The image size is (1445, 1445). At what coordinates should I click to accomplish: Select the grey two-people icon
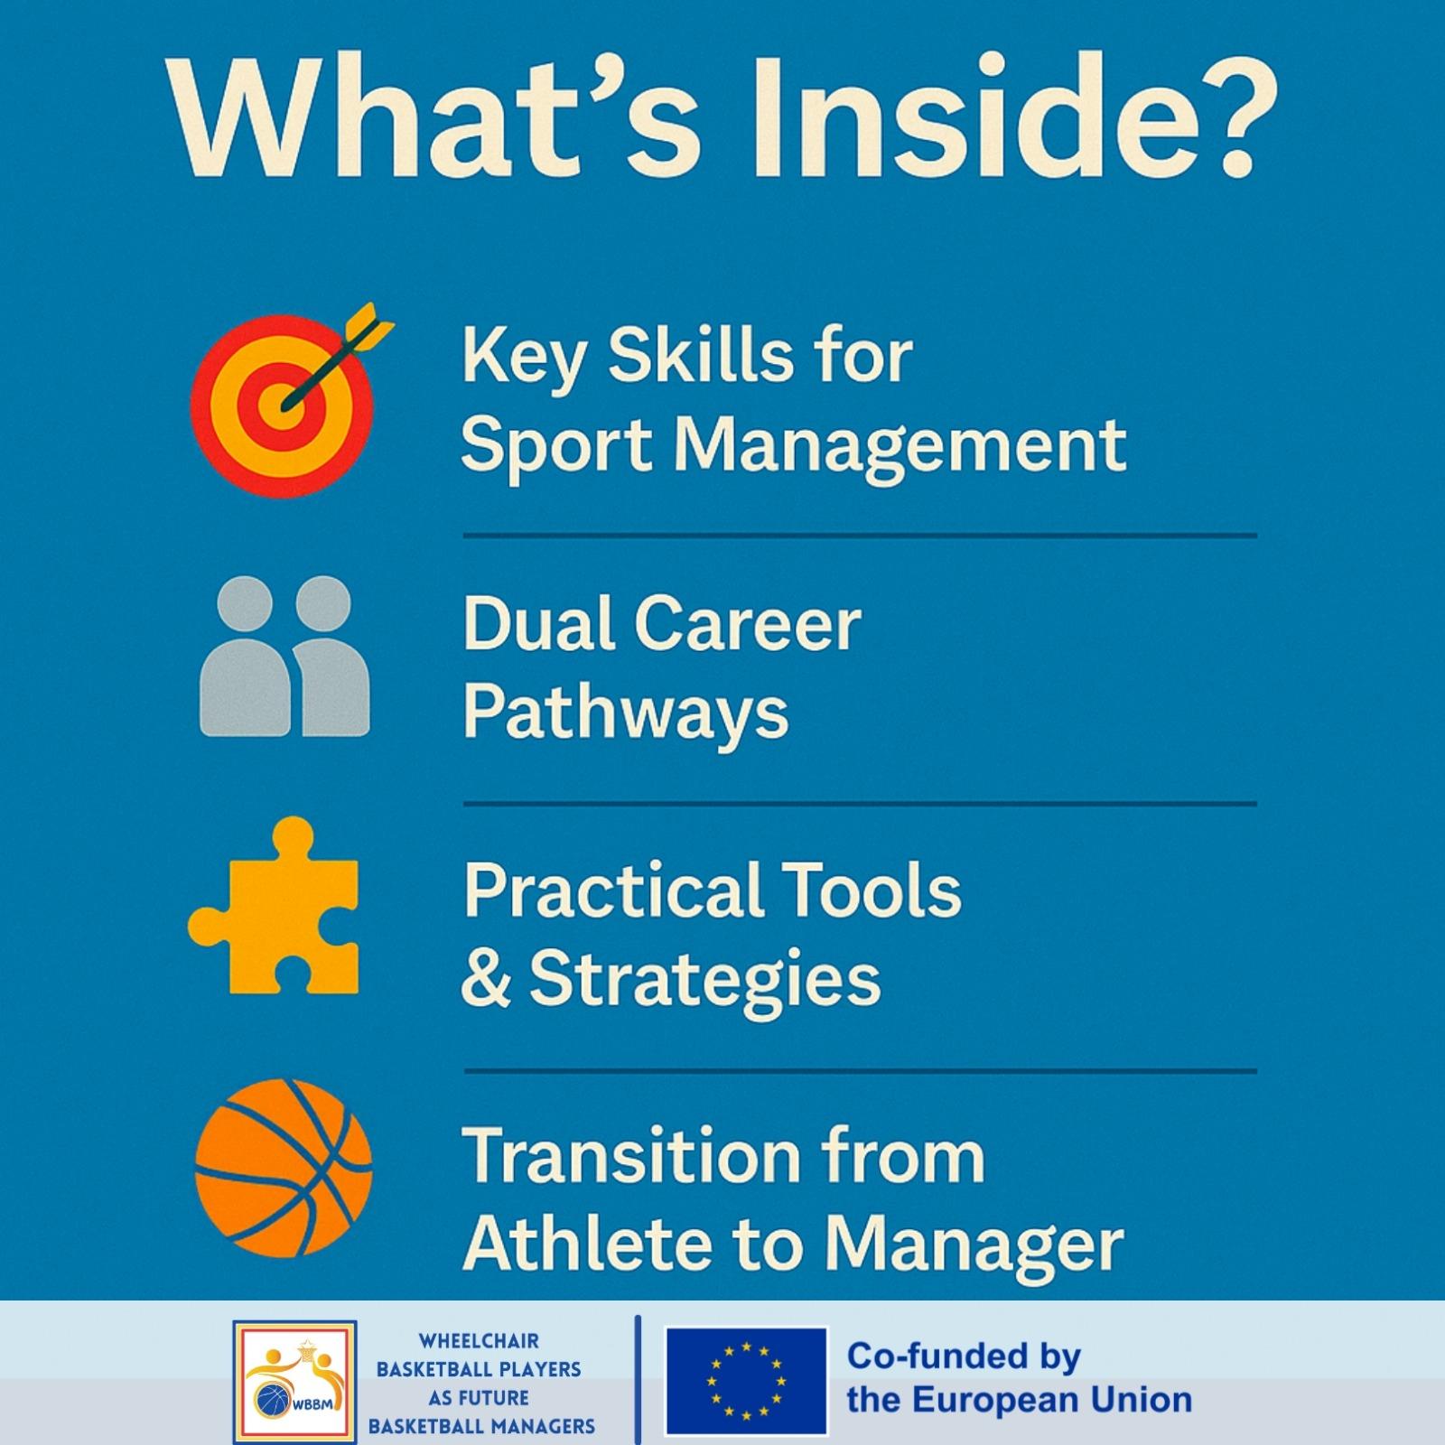(x=284, y=656)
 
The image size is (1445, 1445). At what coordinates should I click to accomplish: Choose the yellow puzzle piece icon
(x=274, y=906)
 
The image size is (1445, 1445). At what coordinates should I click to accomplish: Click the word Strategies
(x=704, y=981)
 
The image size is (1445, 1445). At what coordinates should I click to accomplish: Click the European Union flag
(x=746, y=1381)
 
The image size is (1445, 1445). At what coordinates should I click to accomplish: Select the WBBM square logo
(x=294, y=1382)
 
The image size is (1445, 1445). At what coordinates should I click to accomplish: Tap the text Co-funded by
(x=964, y=1356)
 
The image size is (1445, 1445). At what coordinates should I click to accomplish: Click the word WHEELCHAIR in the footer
(x=479, y=1341)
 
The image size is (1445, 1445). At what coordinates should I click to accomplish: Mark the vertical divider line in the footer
(x=638, y=1380)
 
